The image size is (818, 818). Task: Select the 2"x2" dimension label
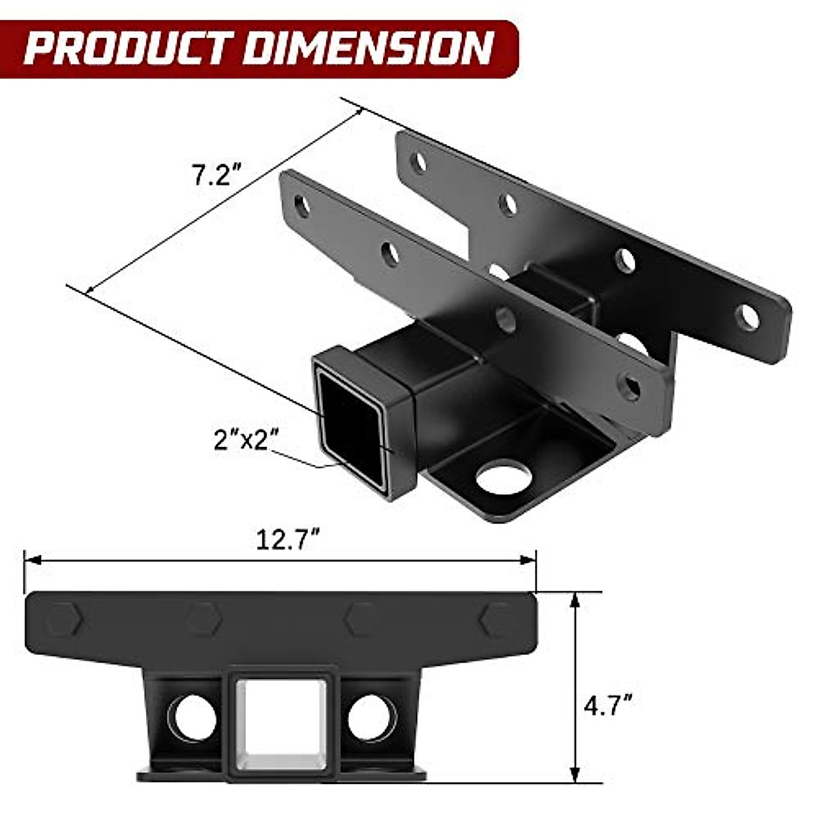point(246,440)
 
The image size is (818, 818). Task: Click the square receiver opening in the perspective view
point(351,426)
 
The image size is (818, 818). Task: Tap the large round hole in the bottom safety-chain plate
point(504,476)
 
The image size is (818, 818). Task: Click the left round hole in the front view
point(192,718)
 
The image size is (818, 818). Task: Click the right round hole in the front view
point(372,718)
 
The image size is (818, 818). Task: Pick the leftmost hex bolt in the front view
point(65,619)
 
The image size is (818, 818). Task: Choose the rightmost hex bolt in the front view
point(496,619)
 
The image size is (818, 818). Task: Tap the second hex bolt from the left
point(204,619)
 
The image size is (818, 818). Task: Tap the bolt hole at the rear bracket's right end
point(748,317)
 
